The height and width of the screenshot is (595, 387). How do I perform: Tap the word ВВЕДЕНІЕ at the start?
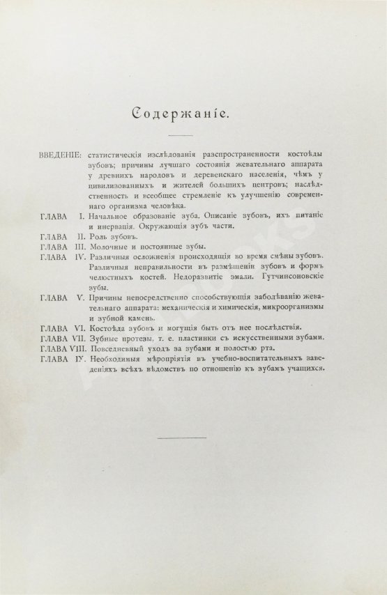click(59, 150)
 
